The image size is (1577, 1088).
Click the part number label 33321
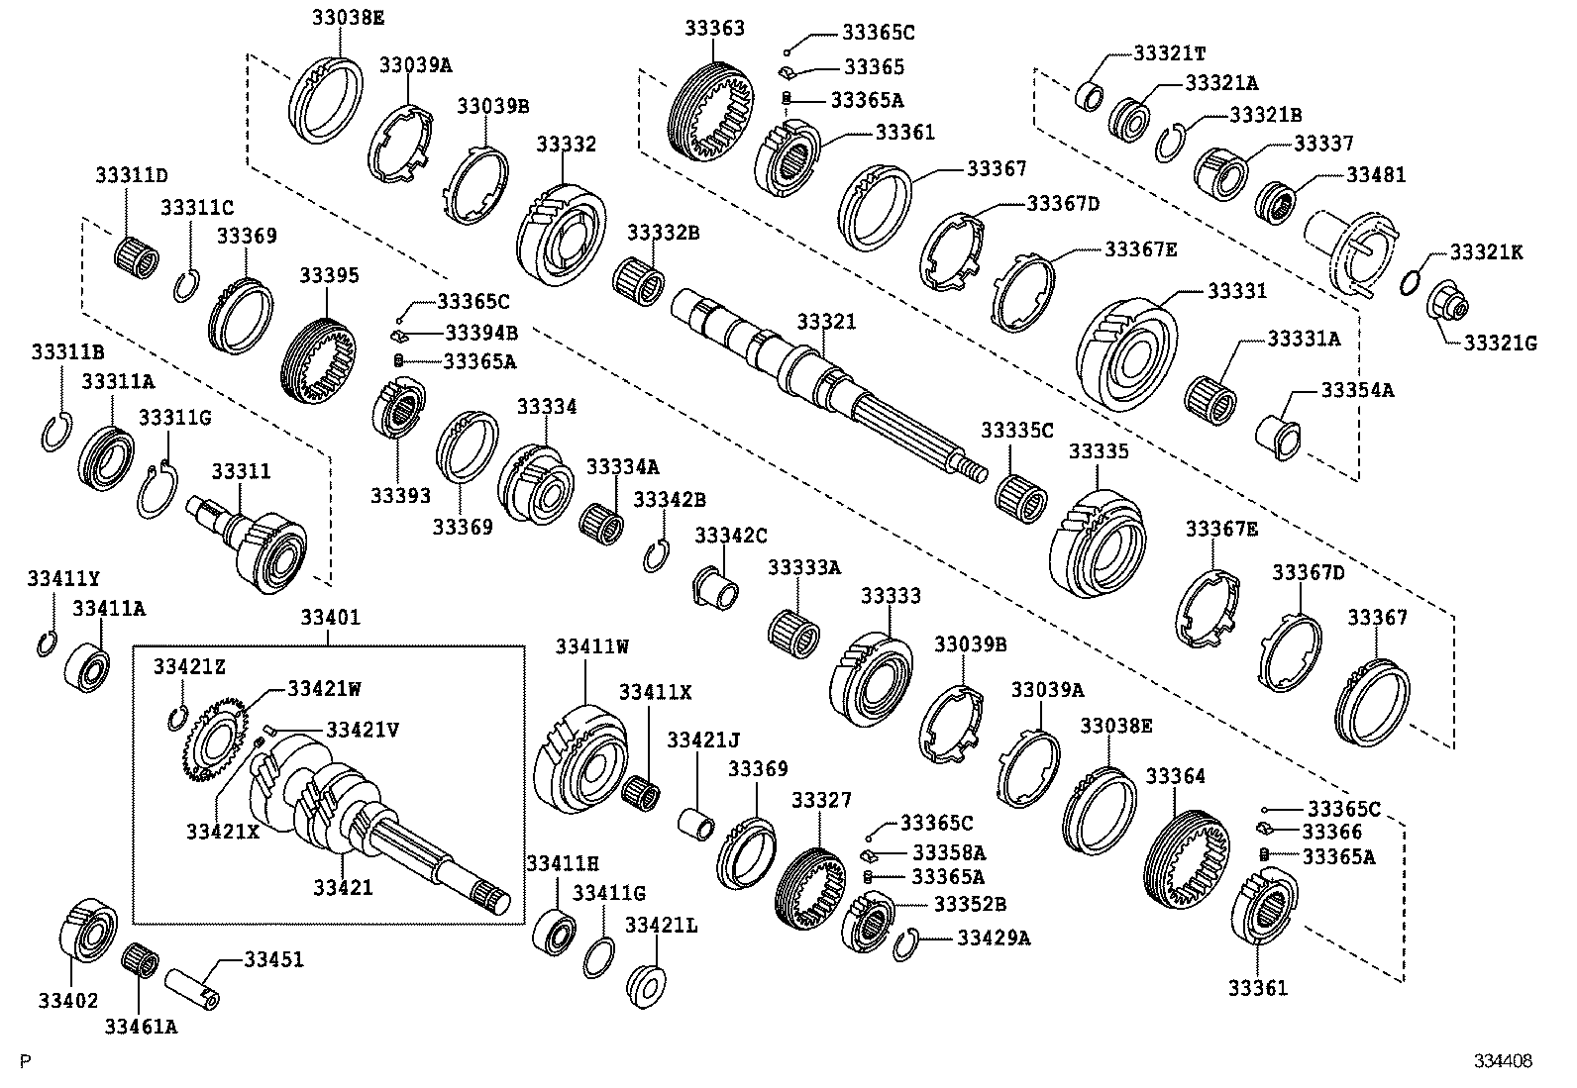(826, 323)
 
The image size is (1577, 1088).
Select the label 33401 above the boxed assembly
(330, 618)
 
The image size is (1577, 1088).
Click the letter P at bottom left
(26, 1062)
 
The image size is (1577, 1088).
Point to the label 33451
(274, 960)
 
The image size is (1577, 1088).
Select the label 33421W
(324, 687)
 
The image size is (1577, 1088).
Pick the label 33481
(1375, 175)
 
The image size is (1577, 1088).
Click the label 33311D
(132, 176)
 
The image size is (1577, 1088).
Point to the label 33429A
(994, 937)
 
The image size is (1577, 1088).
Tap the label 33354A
(1357, 390)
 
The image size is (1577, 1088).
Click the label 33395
(330, 275)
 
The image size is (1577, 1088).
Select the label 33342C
(730, 536)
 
